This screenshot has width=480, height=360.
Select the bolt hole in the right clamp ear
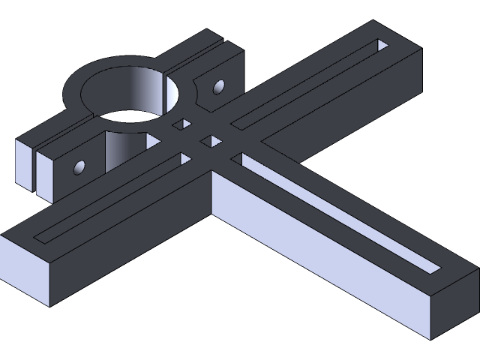pos(219,88)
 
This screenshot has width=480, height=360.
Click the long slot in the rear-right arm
pos(307,82)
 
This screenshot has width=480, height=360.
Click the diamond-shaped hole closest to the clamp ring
pos(178,124)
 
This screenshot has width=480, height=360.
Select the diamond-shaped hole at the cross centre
pos(211,141)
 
